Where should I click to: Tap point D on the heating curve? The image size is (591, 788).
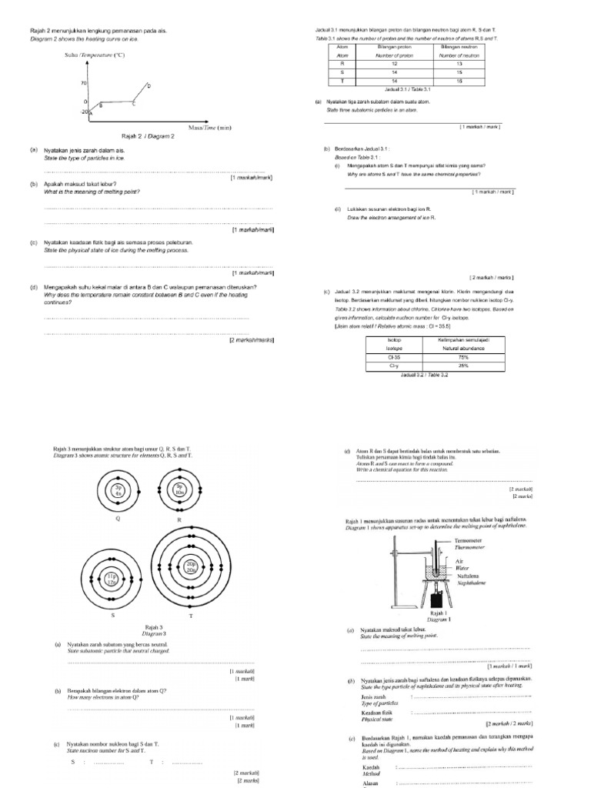coord(149,85)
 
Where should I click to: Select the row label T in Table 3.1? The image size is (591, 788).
coord(342,80)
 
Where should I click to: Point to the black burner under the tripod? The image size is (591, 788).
coord(442,597)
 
